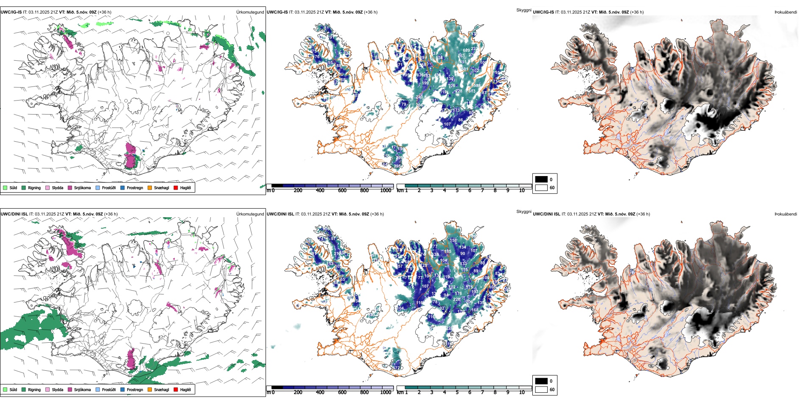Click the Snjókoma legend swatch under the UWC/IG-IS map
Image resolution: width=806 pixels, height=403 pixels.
70,188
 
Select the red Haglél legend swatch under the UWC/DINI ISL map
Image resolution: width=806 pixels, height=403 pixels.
176,389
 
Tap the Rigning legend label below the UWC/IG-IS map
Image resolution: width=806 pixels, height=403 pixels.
34,188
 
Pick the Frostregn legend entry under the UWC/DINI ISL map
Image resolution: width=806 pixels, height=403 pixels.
134,390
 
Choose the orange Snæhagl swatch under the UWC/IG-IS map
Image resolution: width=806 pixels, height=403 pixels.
150,188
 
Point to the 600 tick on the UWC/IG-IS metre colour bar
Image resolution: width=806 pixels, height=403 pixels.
342,190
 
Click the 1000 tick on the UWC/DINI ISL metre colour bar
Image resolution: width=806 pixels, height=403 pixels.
386,392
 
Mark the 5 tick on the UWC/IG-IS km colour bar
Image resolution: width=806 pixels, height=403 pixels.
457,190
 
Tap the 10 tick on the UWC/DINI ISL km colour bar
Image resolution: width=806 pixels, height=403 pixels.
522,392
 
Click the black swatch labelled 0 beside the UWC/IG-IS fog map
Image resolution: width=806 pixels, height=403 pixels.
541,179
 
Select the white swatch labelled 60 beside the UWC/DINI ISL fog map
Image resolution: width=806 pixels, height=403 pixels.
541,389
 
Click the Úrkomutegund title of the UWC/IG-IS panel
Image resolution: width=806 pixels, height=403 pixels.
250,12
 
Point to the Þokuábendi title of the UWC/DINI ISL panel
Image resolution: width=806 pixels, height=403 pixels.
786,214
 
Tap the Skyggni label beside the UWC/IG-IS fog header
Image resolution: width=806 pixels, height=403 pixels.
523,10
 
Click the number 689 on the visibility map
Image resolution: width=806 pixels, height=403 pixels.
466,50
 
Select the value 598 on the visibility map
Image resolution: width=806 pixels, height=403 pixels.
477,86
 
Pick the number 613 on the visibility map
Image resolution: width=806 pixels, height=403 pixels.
472,91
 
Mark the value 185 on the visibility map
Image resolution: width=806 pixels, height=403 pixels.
448,252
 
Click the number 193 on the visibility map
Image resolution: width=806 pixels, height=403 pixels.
475,292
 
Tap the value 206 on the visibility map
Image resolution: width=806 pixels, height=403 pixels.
469,302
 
